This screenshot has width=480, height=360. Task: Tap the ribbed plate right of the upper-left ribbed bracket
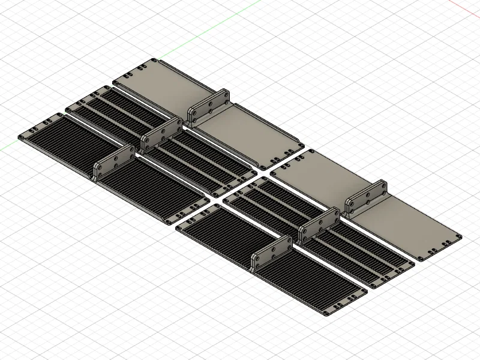coord(156,192)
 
